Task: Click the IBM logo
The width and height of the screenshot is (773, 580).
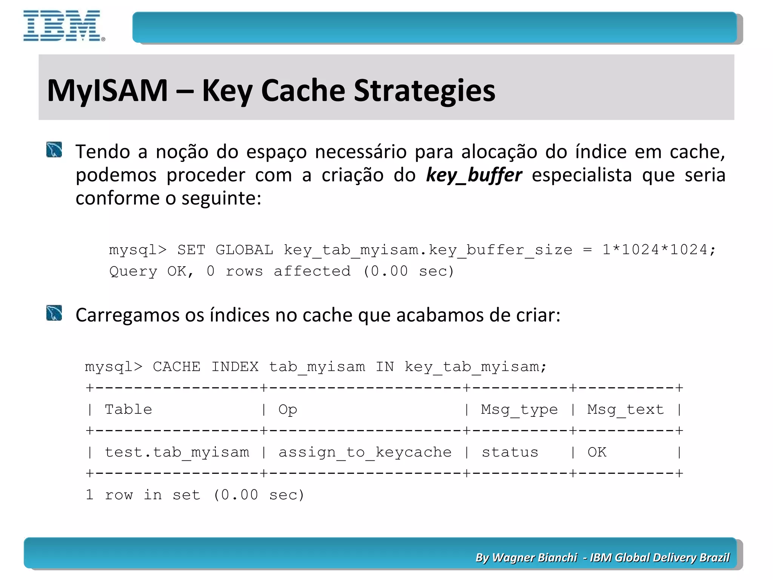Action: (x=63, y=26)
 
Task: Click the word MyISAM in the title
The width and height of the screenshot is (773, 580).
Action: (x=107, y=91)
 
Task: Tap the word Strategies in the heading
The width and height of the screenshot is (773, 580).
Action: (x=424, y=91)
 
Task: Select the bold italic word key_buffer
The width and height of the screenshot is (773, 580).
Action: (x=474, y=175)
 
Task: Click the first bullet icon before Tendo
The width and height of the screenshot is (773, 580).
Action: (x=54, y=150)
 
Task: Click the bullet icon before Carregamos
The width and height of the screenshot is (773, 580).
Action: (x=54, y=313)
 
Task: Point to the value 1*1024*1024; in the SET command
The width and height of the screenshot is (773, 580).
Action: (x=658, y=250)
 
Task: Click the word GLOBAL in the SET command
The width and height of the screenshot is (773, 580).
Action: (x=244, y=250)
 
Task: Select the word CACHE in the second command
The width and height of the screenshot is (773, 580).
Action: (x=176, y=367)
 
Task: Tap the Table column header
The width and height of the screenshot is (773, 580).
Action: (x=128, y=409)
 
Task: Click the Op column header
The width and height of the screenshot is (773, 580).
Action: (x=288, y=409)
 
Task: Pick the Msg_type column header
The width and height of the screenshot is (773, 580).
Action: (x=519, y=409)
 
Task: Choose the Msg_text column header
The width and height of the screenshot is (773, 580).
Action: (x=625, y=409)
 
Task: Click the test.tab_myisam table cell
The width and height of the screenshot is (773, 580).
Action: (x=177, y=452)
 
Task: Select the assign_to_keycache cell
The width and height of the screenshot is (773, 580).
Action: (x=365, y=452)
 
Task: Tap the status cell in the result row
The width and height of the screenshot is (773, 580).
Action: (x=510, y=452)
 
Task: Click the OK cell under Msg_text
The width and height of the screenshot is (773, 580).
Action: (x=597, y=452)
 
